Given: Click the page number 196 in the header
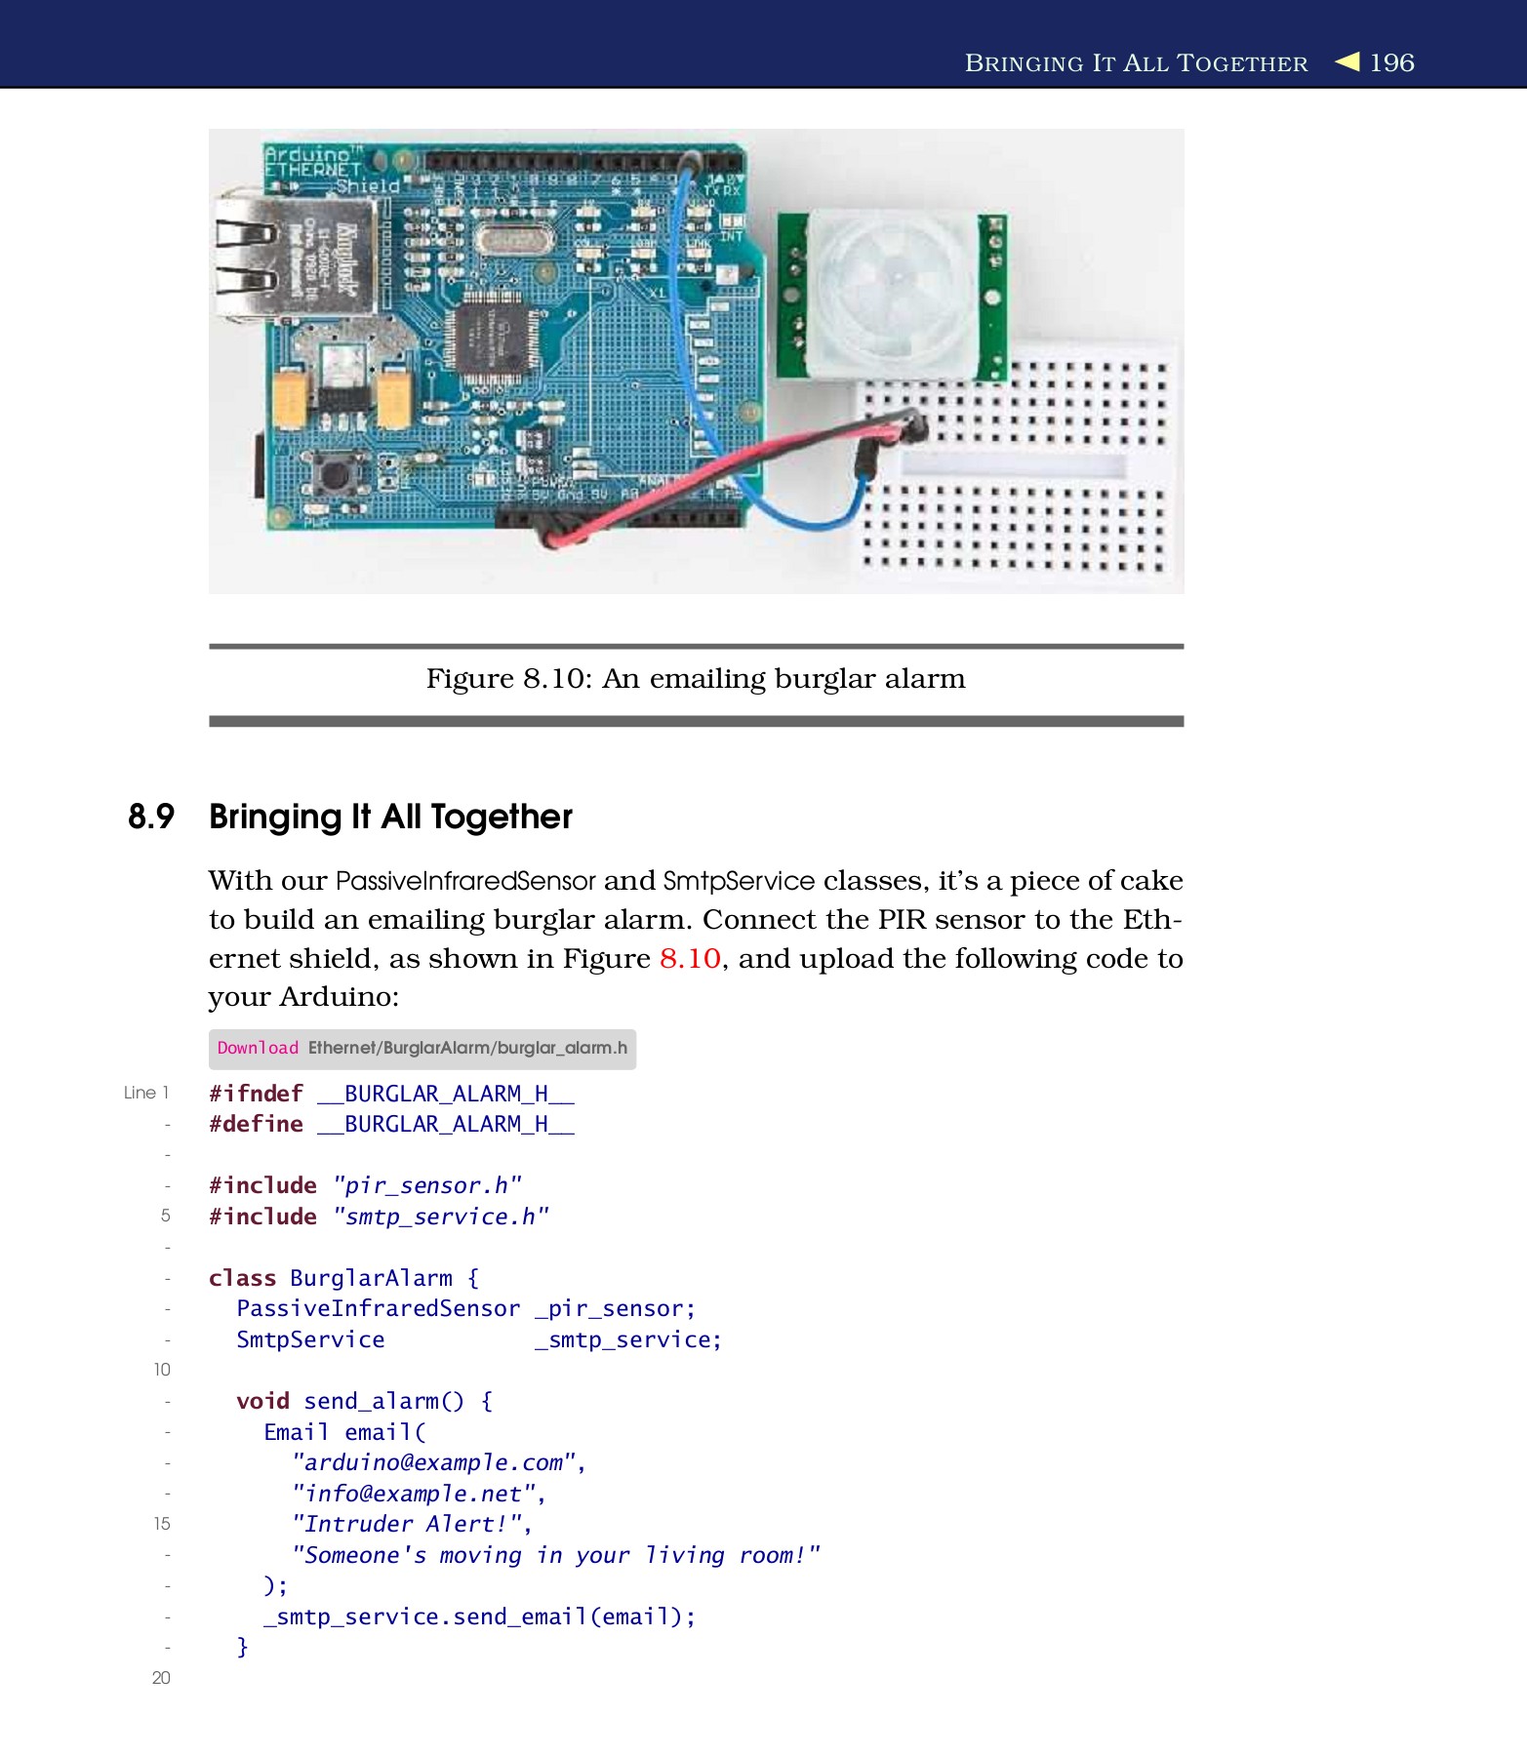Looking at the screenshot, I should [1391, 62].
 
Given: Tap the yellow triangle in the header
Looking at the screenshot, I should [1347, 61].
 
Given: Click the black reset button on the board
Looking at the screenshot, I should [335, 476].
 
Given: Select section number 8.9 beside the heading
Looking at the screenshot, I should [151, 817].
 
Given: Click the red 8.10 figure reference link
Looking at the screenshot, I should [690, 959].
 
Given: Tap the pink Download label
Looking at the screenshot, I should [258, 1048].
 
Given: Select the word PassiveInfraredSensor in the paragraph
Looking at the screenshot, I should [464, 881].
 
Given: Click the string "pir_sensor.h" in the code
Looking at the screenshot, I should [427, 1185].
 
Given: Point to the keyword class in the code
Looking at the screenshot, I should [242, 1278].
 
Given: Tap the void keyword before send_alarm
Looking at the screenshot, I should [262, 1401].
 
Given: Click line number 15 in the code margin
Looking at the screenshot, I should [161, 1524].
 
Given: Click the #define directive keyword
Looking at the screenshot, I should [256, 1124].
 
